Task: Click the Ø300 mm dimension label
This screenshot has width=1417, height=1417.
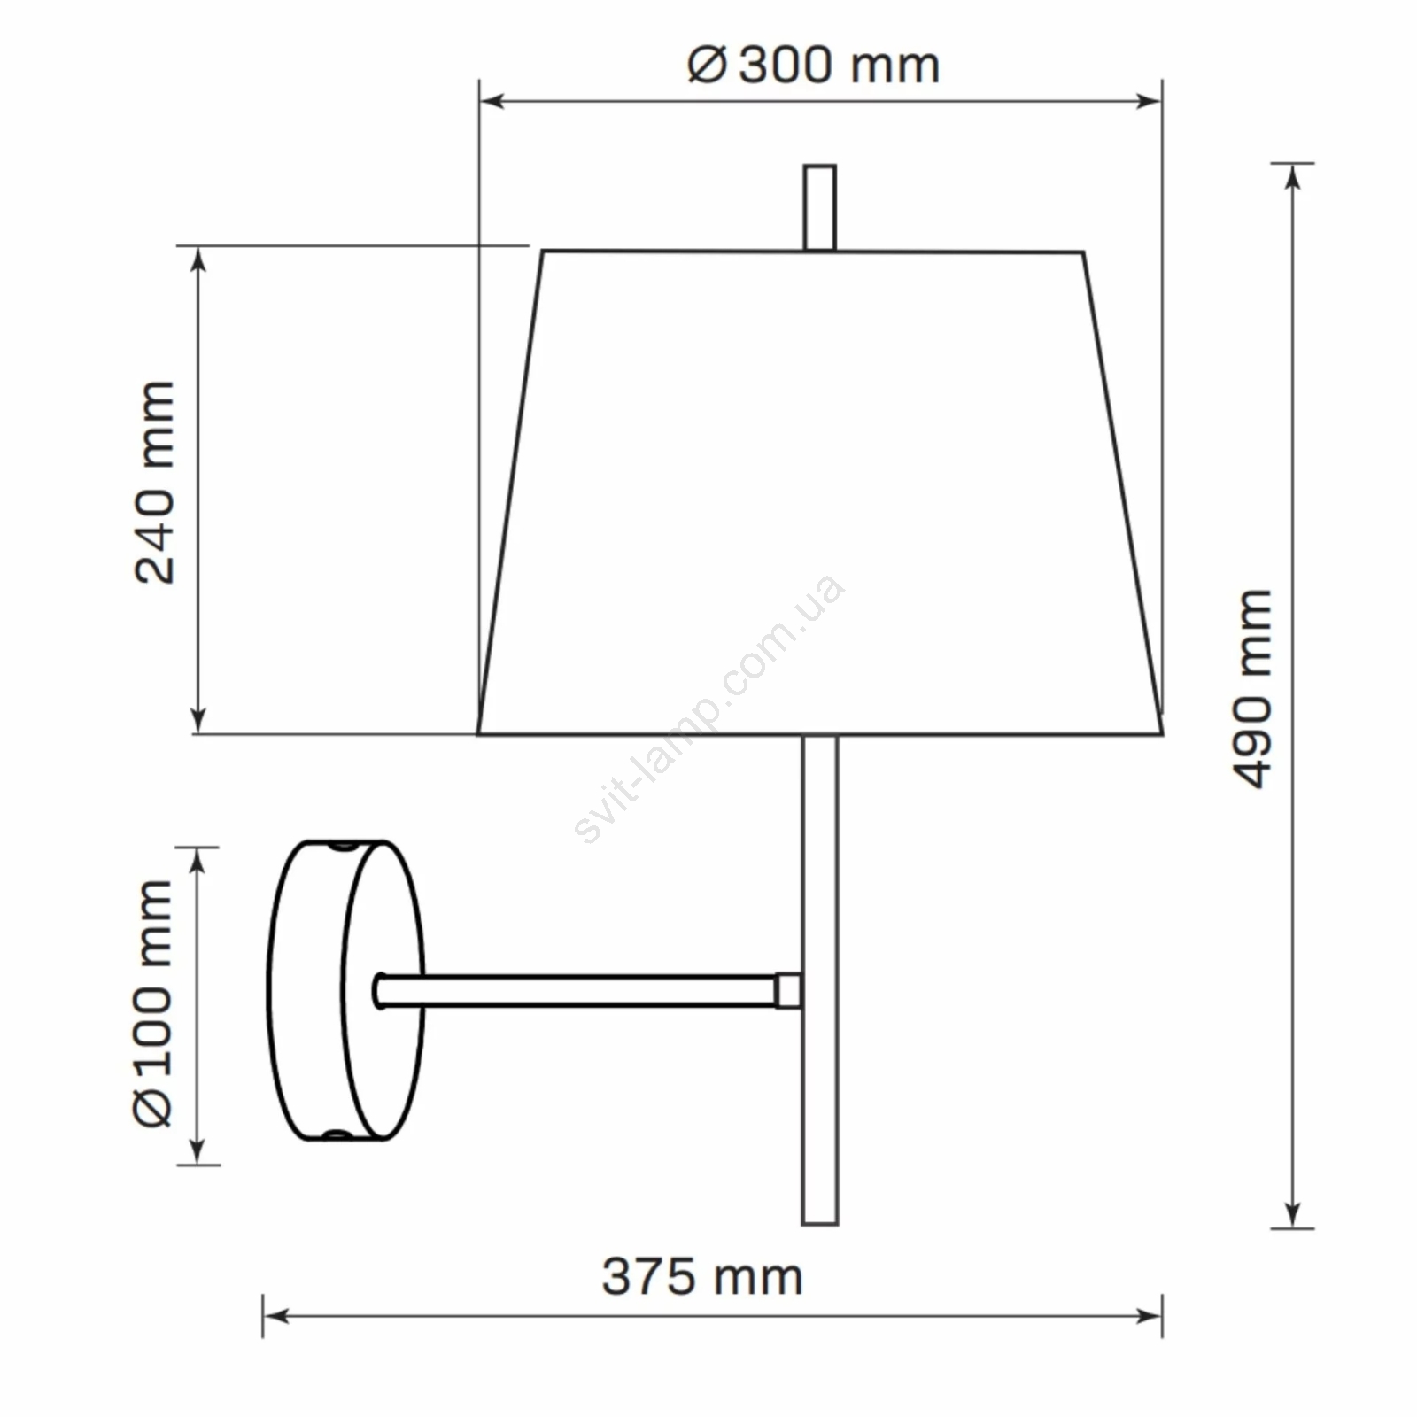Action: click(813, 66)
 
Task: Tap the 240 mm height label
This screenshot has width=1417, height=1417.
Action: click(155, 483)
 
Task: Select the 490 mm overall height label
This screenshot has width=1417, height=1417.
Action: click(1252, 688)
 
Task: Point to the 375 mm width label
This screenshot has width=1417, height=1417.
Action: click(702, 1277)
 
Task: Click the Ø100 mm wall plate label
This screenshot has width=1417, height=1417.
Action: click(153, 1004)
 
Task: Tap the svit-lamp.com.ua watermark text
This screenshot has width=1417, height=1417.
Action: click(708, 708)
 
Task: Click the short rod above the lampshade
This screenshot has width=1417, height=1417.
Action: click(819, 207)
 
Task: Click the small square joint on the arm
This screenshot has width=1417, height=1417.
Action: click(789, 991)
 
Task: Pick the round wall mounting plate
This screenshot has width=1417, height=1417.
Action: click(346, 991)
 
